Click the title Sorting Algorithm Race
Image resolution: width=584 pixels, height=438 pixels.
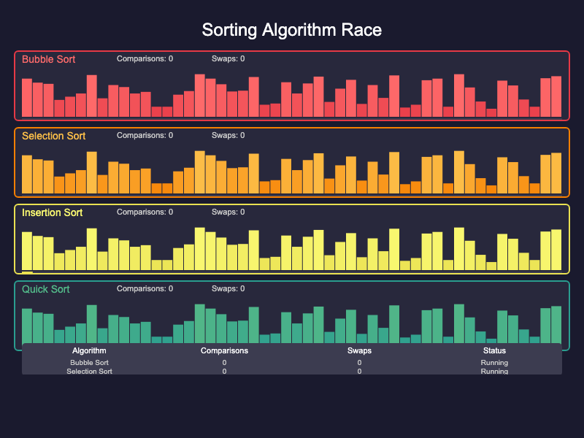(292, 30)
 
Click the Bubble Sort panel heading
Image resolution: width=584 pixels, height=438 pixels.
(48, 59)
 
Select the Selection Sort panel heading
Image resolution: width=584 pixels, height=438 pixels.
(53, 136)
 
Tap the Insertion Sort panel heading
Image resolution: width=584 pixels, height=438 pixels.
(52, 212)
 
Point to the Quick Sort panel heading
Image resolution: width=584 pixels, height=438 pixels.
(45, 289)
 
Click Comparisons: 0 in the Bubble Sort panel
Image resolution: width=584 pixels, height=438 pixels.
(145, 59)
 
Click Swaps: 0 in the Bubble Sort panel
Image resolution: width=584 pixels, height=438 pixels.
(228, 59)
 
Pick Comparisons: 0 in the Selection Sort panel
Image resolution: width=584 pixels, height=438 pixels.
(145, 136)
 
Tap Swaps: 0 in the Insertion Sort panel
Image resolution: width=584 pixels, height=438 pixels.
(228, 212)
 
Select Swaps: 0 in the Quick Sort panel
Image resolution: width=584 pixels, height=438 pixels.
(228, 289)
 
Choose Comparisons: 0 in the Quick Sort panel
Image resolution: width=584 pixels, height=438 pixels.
(145, 289)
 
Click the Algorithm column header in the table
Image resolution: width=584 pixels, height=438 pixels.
(89, 351)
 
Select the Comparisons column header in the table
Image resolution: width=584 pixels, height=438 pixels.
(224, 351)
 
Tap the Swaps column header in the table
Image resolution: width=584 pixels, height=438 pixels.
(359, 351)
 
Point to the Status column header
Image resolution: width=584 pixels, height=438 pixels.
(494, 351)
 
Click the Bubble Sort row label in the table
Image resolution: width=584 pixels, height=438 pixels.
(89, 363)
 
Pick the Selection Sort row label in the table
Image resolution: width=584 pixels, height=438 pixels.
(89, 371)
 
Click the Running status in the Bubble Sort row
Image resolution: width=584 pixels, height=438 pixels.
(494, 363)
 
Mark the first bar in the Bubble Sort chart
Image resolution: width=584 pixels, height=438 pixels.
(27, 98)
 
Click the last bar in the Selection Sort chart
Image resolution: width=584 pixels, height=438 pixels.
(556, 173)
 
